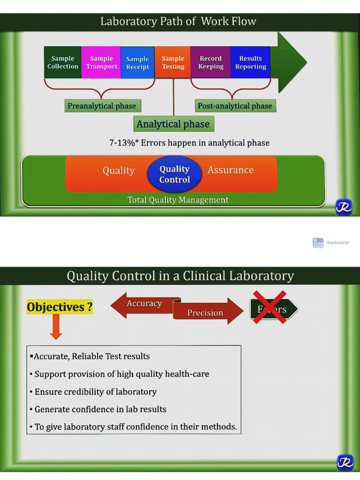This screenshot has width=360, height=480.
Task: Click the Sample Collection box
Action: pos(63,62)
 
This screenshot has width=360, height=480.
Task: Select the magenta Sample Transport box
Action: pos(101,62)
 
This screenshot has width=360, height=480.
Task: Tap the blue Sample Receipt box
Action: pos(137,63)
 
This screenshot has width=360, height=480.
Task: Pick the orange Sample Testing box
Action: pos(173,62)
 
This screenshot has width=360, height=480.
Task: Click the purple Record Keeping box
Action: pos(210,62)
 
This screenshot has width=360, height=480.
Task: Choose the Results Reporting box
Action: pos(250,62)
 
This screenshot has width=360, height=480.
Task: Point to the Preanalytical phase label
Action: pos(102,106)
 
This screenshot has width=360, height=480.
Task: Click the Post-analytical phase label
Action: pos(235,106)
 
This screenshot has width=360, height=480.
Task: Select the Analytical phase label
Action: pos(173,124)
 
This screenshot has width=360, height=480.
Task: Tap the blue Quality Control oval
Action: pos(174,174)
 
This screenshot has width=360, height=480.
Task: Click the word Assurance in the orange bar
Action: pos(230,170)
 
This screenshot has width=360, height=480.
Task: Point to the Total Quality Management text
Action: pos(178,200)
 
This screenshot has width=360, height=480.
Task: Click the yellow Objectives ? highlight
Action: pos(60,307)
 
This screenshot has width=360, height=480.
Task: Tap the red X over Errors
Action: pos(270,307)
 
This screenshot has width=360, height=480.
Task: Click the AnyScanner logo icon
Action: pos(318,243)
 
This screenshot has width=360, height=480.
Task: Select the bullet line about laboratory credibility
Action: pos(96,392)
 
